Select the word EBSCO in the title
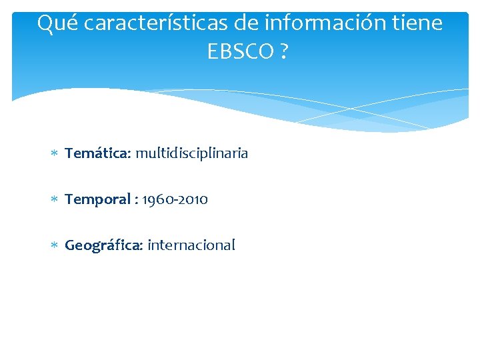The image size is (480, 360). click(x=235, y=51)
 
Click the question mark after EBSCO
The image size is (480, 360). click(x=284, y=51)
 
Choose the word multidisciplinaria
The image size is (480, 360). click(x=192, y=153)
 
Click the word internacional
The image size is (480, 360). click(x=191, y=245)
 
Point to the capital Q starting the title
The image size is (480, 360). click(x=45, y=24)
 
